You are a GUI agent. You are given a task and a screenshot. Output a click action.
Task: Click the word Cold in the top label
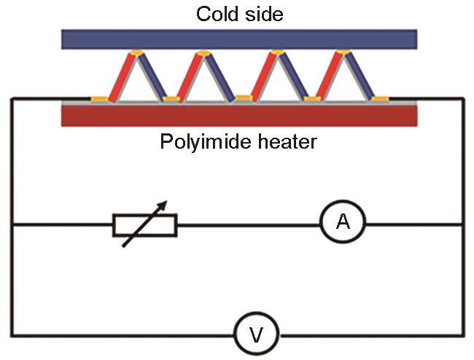[x=218, y=14]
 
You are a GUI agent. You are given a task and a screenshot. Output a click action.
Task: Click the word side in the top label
[x=264, y=14]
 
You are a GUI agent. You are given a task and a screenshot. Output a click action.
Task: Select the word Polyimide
[x=205, y=141]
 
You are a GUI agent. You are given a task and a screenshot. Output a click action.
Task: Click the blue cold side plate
[x=239, y=39]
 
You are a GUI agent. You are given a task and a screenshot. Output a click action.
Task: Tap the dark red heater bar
[x=239, y=116]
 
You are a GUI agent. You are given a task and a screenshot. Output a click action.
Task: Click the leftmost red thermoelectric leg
[x=121, y=78]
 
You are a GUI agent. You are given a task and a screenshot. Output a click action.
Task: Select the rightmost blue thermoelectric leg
[x=360, y=76]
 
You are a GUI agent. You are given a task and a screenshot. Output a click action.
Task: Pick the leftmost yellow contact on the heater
[x=99, y=99]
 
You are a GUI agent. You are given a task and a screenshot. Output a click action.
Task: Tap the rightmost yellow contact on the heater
[x=380, y=99]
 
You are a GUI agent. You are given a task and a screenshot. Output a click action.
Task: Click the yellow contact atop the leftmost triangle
[x=136, y=52]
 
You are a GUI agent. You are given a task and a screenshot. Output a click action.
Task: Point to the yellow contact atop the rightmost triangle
[x=343, y=52]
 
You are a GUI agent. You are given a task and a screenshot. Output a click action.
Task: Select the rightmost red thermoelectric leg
[x=329, y=76]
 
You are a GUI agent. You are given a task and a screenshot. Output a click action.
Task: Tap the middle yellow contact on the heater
[x=244, y=98]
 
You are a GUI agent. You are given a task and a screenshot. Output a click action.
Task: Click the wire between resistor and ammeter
[x=249, y=225]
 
